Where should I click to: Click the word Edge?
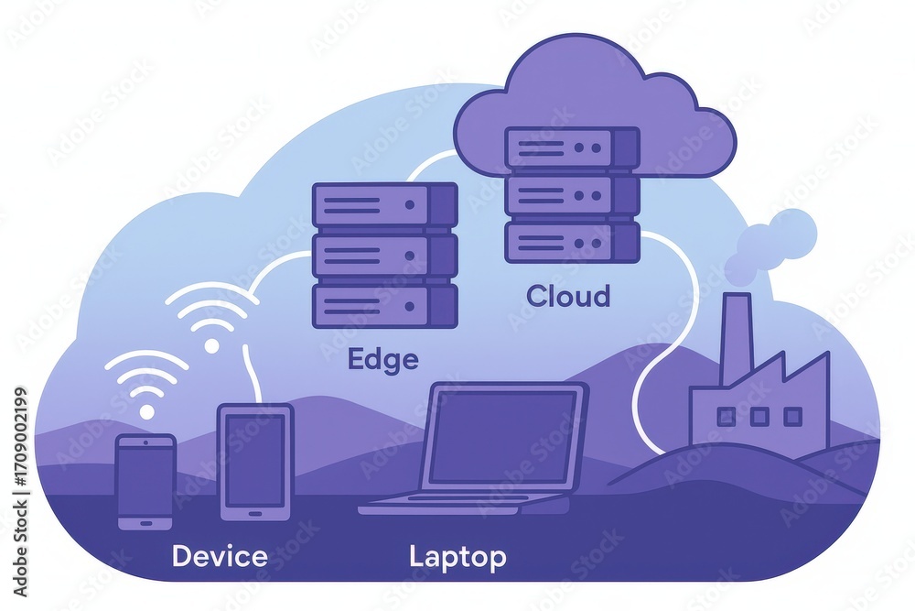pos(382,360)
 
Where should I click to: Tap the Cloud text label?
pos(568,296)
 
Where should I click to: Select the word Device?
pos(220,556)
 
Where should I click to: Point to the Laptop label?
pos(457,557)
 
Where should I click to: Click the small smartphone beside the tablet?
pos(145,482)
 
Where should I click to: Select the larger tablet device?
pos(255,462)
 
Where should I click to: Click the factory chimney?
pos(737,339)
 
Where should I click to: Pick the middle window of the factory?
pos(759,417)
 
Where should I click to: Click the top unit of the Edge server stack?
pos(384,205)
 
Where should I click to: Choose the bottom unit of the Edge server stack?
pos(384,306)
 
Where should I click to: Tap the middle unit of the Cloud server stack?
pos(572,195)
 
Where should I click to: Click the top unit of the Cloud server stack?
pos(572,147)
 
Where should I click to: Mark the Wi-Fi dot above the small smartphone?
pos(147,411)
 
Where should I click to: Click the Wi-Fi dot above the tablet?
pos(212,345)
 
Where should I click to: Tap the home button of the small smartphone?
pos(145,522)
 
